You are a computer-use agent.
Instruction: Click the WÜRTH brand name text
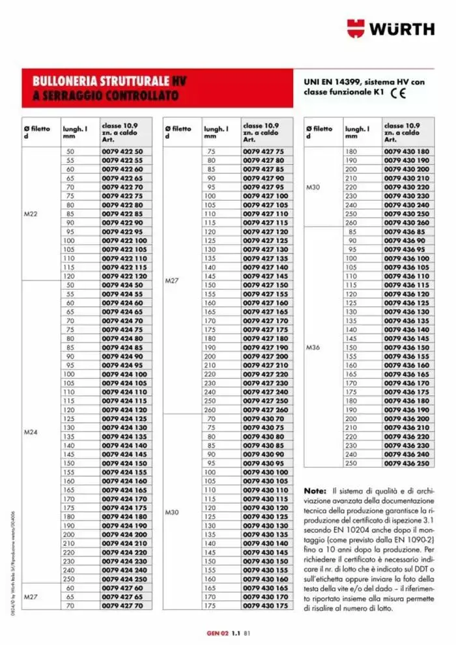(403, 29)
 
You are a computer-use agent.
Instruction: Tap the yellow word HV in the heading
(179, 81)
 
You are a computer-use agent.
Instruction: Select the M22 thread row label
(31, 213)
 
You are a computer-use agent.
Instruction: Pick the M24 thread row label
(31, 431)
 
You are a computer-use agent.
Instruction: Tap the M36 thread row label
(313, 347)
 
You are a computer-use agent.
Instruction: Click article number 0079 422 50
(122, 151)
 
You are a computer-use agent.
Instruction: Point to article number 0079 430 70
(263, 418)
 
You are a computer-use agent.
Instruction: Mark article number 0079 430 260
(406, 222)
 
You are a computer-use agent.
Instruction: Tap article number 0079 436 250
(406, 463)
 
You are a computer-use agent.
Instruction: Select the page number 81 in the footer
(248, 631)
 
